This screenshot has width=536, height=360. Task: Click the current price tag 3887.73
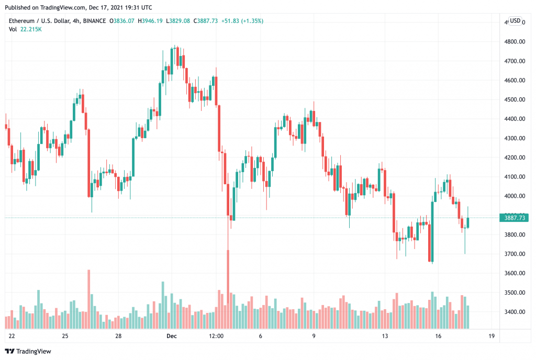click(515, 218)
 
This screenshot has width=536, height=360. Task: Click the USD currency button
click(515, 21)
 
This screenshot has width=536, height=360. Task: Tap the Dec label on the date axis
click(172, 335)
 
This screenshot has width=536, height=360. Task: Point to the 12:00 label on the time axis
click(216, 335)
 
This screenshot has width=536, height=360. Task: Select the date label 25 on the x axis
click(65, 335)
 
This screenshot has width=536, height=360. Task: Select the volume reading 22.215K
click(31, 29)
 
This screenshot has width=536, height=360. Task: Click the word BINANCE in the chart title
click(94, 21)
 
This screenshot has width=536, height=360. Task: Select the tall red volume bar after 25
click(89, 298)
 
